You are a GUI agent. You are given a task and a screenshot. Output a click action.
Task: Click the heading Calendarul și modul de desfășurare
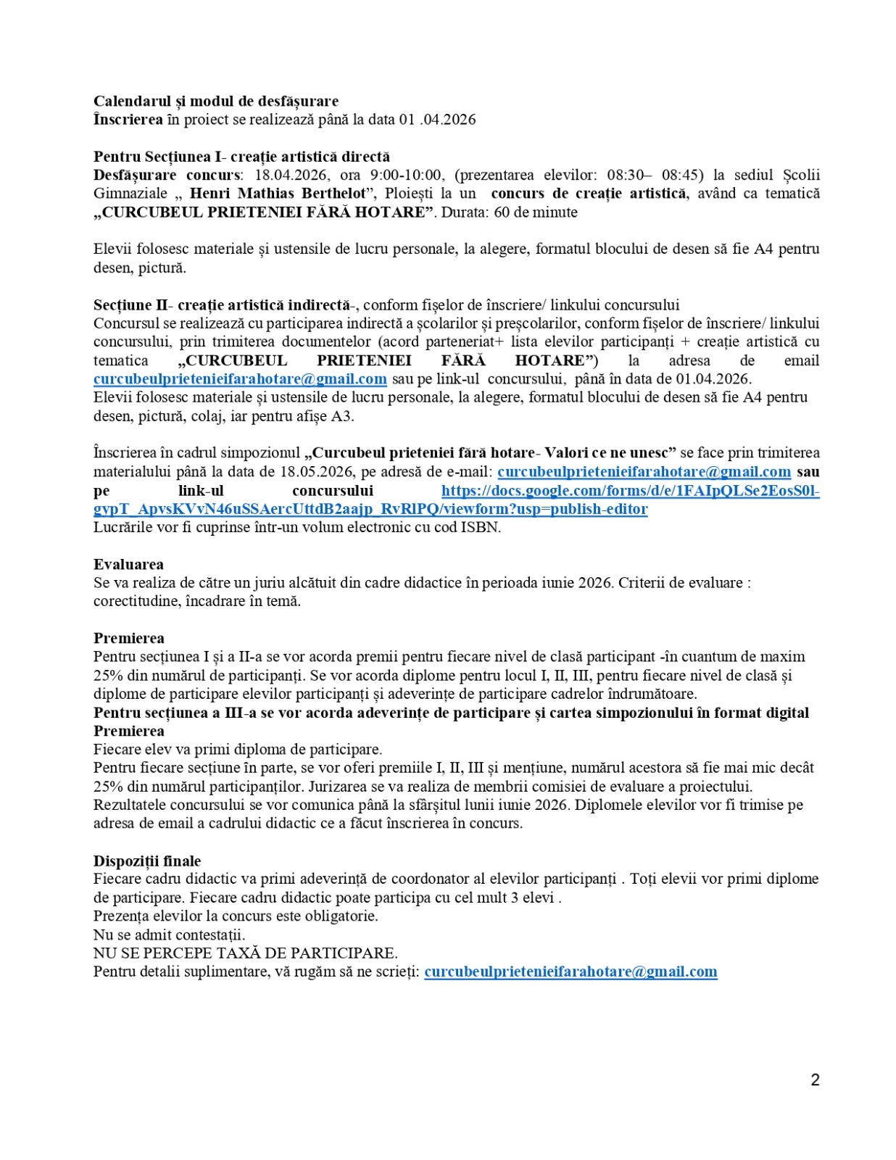coord(215,101)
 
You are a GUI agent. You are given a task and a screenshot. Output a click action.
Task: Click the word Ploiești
coord(410,194)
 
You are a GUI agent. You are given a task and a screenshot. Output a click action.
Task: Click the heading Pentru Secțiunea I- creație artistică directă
coord(241,157)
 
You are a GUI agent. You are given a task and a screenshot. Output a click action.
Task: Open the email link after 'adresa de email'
coord(240,379)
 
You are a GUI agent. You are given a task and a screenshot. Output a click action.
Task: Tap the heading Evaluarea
coord(128,564)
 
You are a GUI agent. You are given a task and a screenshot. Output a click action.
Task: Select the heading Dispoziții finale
coord(147,861)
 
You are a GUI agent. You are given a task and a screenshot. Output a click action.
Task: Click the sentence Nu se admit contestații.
coord(169,935)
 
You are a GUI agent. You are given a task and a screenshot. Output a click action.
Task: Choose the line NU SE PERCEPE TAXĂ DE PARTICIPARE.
coord(245,953)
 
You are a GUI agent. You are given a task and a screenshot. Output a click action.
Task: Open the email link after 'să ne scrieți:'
coord(571,971)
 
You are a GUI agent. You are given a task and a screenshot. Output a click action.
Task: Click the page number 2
coord(815,1080)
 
